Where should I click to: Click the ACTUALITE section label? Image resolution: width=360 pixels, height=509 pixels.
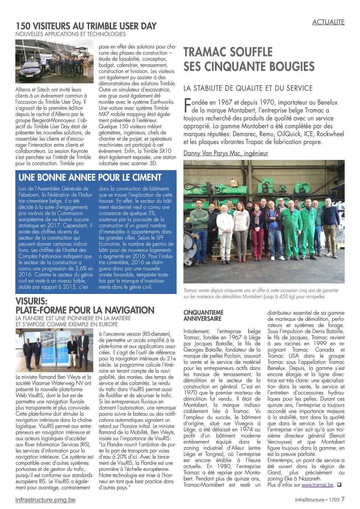328,22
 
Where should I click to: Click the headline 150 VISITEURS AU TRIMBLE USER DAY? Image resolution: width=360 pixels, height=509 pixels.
86,26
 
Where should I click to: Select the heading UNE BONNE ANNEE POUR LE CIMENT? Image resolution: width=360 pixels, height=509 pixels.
90,178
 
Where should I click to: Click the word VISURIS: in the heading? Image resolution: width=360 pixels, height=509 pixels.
32,301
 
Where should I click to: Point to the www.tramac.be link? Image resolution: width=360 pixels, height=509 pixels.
317,485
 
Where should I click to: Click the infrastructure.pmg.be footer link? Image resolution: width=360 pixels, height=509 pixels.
45,500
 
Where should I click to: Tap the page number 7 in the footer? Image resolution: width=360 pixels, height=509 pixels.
343,499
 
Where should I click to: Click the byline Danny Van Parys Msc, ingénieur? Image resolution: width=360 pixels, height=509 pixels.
226,153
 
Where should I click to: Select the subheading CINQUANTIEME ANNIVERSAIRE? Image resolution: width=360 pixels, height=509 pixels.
203,315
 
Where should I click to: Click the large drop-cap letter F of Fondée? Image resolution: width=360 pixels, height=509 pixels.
187,105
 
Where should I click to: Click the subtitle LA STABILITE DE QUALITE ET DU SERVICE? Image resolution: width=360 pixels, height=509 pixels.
248,88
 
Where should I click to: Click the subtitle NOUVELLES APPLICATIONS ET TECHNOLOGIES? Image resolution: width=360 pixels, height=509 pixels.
70,34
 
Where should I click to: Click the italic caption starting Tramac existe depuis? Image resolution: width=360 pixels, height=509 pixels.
261,293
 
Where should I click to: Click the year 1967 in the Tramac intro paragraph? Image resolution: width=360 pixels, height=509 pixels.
225,102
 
